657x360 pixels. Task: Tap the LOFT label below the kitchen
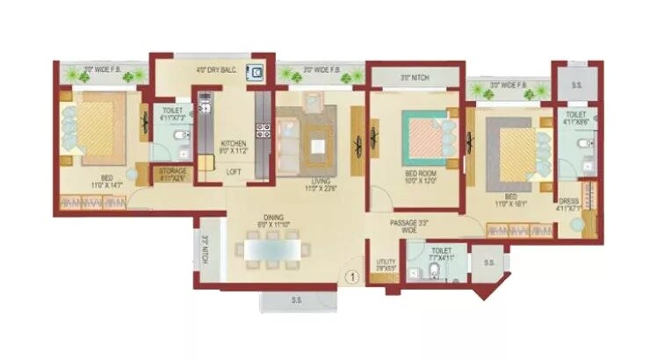[x=233, y=172]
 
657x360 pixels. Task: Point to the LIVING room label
[x=308, y=183]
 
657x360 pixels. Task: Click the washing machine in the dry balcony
[x=255, y=74]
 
